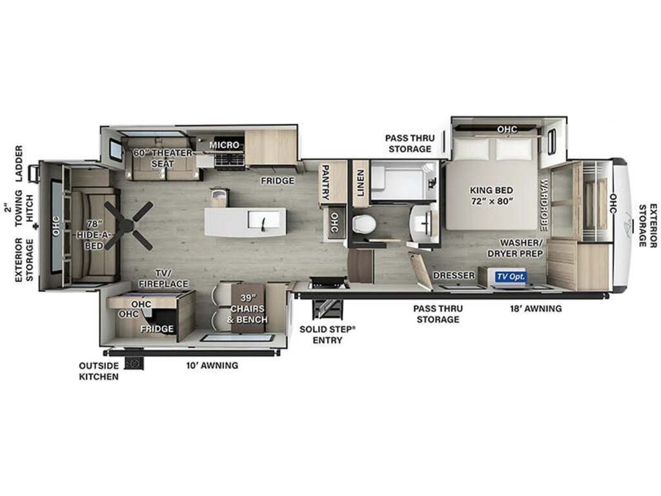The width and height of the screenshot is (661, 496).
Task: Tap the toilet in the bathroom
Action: (363, 223)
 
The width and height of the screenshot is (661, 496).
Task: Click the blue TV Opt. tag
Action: (511, 276)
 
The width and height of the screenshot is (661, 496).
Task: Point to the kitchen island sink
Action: (264, 220)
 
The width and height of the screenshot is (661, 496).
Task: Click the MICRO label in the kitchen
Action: (224, 145)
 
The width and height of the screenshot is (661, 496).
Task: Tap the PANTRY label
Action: (325, 181)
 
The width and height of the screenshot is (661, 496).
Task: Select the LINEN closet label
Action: (360, 183)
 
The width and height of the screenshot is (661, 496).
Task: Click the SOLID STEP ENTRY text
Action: (327, 335)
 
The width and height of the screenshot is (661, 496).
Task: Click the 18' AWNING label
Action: (535, 309)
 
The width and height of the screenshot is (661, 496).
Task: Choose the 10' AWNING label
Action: (212, 366)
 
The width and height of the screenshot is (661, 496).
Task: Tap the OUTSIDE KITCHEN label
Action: (99, 371)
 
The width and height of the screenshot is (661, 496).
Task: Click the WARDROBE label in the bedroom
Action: (544, 205)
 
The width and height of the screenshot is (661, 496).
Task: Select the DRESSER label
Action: (454, 275)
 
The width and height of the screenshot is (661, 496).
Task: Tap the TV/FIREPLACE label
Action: (163, 278)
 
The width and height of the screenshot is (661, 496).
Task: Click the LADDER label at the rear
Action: (19, 163)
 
